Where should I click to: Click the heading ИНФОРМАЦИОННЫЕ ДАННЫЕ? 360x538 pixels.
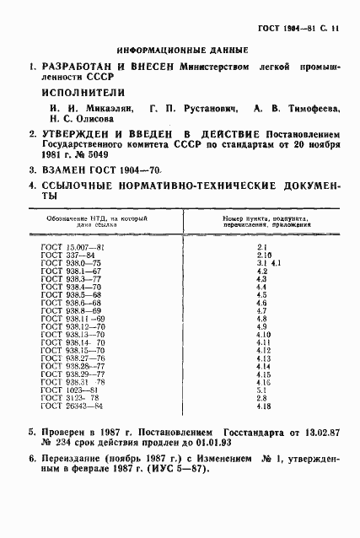171,50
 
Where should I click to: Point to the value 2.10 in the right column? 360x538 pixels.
262,253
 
